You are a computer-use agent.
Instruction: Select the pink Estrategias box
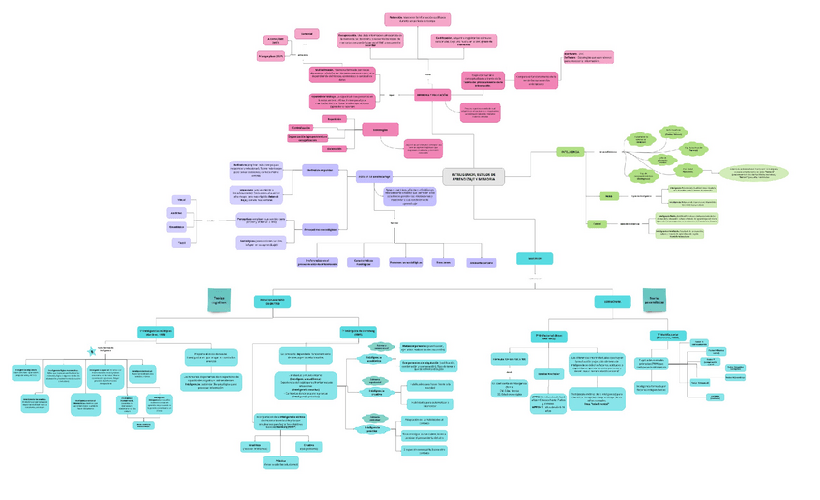click(x=380, y=130)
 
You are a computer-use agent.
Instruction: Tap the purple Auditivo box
click(x=177, y=213)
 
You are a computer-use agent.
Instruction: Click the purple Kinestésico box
click(x=177, y=227)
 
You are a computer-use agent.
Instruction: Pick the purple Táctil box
click(x=180, y=242)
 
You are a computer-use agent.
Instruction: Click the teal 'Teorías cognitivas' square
click(x=223, y=301)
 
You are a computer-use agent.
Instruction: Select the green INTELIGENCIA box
click(x=570, y=152)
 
